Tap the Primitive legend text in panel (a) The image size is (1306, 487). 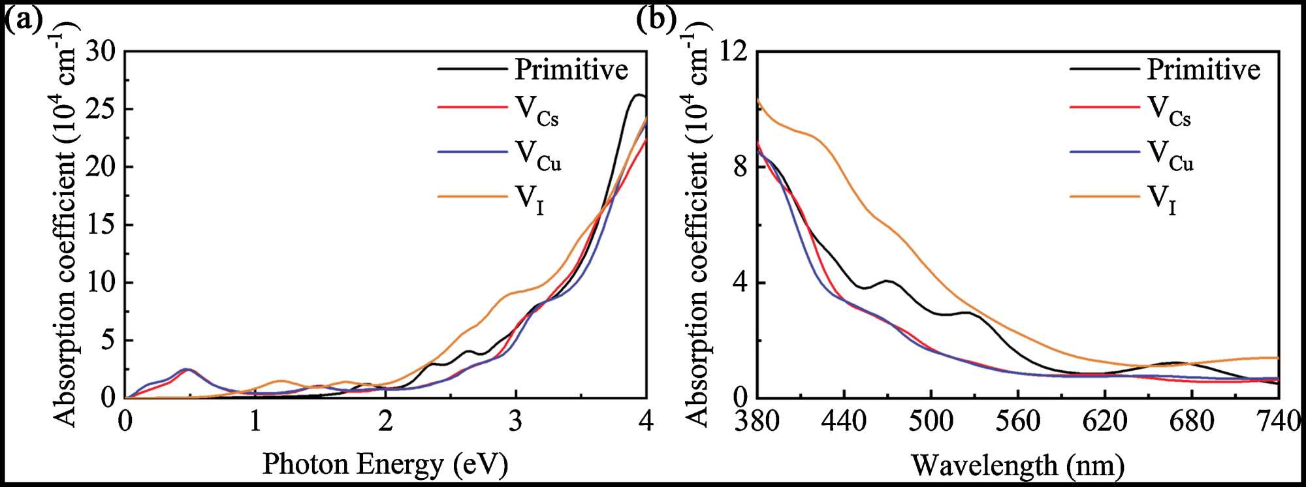pyautogui.click(x=571, y=69)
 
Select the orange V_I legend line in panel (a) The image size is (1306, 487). pyautogui.click(x=471, y=196)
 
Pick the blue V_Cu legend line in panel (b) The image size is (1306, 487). pyautogui.click(x=1104, y=152)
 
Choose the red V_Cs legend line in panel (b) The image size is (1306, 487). pyautogui.click(x=1104, y=106)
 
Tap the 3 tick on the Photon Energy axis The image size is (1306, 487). pyautogui.click(x=516, y=421)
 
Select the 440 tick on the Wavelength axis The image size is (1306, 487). pyautogui.click(x=844, y=421)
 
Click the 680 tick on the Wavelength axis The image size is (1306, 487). pyautogui.click(x=1192, y=421)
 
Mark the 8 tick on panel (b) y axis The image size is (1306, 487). pyautogui.click(x=741, y=167)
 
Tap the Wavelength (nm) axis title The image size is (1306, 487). pyautogui.click(x=1017, y=465)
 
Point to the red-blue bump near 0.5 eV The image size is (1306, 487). pyautogui.click(x=187, y=369)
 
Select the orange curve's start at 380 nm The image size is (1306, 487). pyautogui.click(x=757, y=99)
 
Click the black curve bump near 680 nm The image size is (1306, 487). pyautogui.click(x=1175, y=363)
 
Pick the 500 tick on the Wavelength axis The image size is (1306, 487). pyautogui.click(x=931, y=421)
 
